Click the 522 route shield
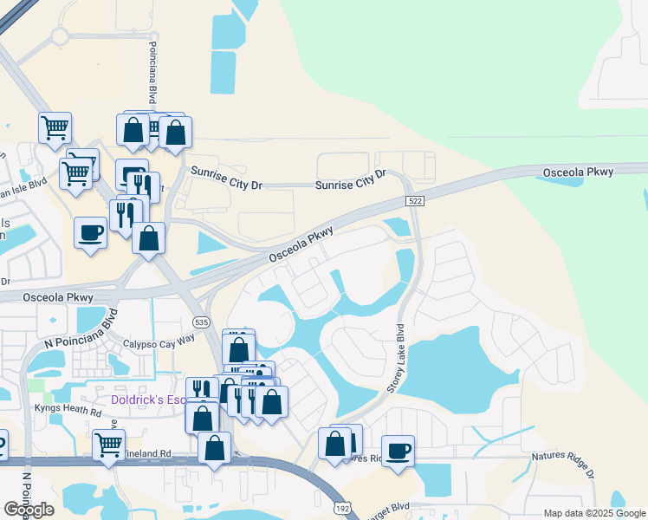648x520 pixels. pos(415,201)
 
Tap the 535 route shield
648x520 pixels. pos(202,322)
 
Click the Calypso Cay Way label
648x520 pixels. pos(159,342)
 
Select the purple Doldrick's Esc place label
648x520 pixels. pos(147,400)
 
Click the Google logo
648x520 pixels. pos(29,510)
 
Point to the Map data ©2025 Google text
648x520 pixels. pos(593,513)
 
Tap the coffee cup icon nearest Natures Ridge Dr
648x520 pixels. pos(398,451)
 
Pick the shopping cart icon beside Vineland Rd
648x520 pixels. pos(108,445)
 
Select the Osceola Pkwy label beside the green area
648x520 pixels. pos(578,172)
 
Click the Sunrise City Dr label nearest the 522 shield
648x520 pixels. pos(350,175)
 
